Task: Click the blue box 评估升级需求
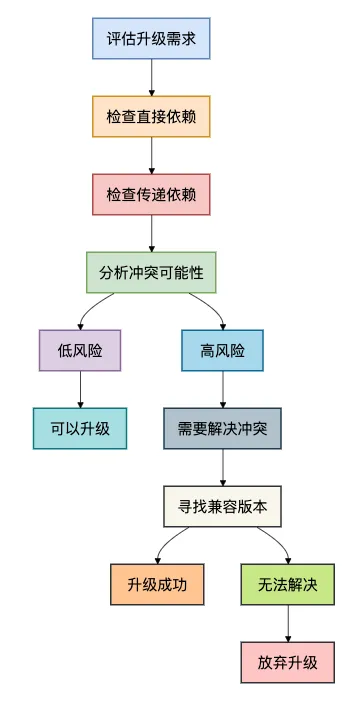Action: point(151,39)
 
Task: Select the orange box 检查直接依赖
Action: point(151,116)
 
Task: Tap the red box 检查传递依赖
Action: point(151,194)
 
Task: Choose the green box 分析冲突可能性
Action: point(151,272)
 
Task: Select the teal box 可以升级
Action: point(79,428)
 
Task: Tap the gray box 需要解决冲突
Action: point(223,428)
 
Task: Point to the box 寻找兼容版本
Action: point(223,506)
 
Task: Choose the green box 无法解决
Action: point(288,584)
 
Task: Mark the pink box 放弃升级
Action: point(288,662)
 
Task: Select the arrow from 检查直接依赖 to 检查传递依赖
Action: point(151,155)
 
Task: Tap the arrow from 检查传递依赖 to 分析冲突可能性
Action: point(151,233)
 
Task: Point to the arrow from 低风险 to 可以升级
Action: point(79,389)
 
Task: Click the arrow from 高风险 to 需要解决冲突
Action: point(223,389)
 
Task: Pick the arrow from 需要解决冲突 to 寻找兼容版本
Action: point(223,467)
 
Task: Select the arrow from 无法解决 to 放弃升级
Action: point(288,623)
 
